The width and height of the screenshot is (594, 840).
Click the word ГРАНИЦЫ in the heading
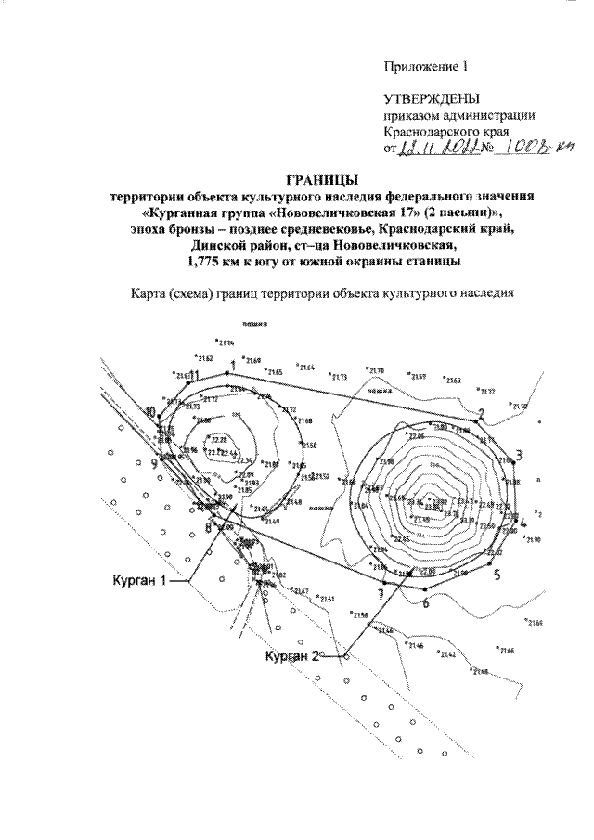318,179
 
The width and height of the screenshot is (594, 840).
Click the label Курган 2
291,656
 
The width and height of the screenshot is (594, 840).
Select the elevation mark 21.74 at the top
224,343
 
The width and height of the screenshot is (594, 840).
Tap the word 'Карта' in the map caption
151,295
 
